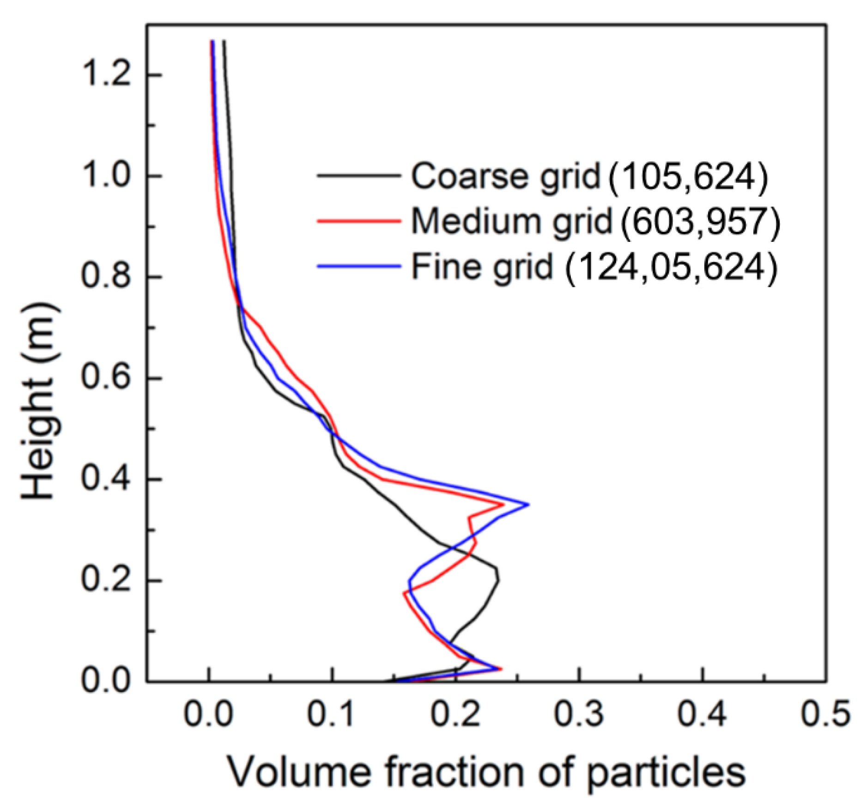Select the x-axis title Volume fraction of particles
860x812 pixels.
(487, 772)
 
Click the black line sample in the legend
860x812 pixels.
(358, 175)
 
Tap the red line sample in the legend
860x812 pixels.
(358, 221)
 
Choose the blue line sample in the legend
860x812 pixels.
(358, 266)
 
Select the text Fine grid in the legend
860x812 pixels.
(482, 267)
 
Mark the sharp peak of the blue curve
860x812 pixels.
(528, 505)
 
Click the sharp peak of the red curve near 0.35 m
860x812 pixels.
(503, 505)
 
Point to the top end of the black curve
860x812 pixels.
(224, 42)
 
